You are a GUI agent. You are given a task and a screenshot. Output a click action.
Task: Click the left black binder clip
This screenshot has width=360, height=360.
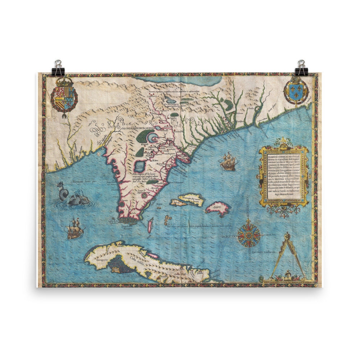pyautogui.click(x=58, y=68)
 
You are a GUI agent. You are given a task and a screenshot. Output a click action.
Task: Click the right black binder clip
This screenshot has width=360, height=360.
pyautogui.click(x=301, y=68)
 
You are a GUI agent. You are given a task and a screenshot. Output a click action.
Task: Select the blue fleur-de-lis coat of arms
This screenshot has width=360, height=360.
pyautogui.click(x=296, y=90)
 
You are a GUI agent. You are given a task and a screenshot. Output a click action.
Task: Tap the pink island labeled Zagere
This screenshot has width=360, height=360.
pyautogui.click(x=218, y=208)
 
